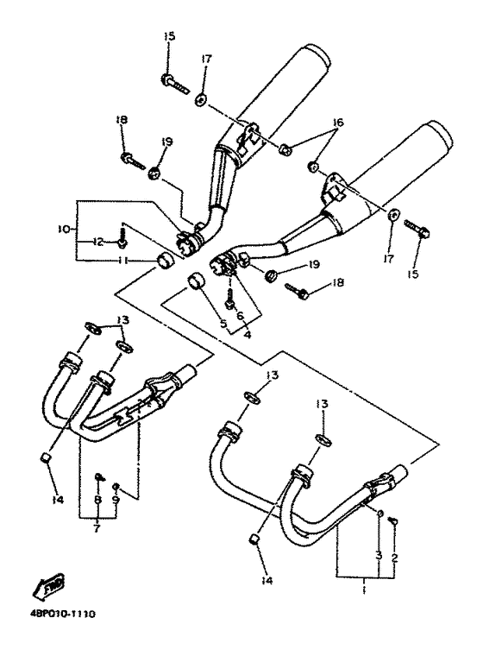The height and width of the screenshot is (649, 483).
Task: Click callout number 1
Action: (x=364, y=590)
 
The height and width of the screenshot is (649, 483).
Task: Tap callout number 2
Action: (x=394, y=558)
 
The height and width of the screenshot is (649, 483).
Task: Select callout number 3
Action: (x=379, y=556)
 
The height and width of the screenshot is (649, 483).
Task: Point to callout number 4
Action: (x=248, y=334)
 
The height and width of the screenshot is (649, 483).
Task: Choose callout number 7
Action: (x=97, y=528)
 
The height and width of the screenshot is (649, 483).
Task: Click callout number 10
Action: (x=64, y=228)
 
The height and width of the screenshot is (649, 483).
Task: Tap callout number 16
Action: (x=338, y=123)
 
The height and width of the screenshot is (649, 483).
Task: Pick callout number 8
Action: (x=97, y=500)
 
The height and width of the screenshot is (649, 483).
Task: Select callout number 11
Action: (x=122, y=261)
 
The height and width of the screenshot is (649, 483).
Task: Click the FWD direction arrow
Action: (x=48, y=585)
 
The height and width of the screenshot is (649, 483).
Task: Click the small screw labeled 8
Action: (x=99, y=477)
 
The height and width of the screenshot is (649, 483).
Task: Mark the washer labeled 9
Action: (x=116, y=486)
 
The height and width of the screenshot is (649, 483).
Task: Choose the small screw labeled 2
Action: (x=394, y=522)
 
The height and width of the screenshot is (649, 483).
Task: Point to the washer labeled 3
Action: (x=379, y=514)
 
